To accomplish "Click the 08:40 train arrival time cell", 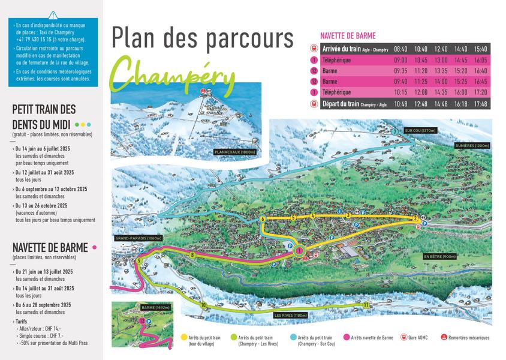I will [x=400, y=49].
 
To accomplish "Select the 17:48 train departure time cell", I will [x=480, y=104].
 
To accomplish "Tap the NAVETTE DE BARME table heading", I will [x=348, y=35].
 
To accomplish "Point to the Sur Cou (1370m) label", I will [x=420, y=130].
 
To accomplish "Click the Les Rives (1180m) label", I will [x=290, y=315].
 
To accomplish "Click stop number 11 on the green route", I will [x=366, y=305].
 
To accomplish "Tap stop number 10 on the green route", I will [x=204, y=305].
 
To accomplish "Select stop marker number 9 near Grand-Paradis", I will [x=138, y=261].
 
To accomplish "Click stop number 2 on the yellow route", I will [x=415, y=218].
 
